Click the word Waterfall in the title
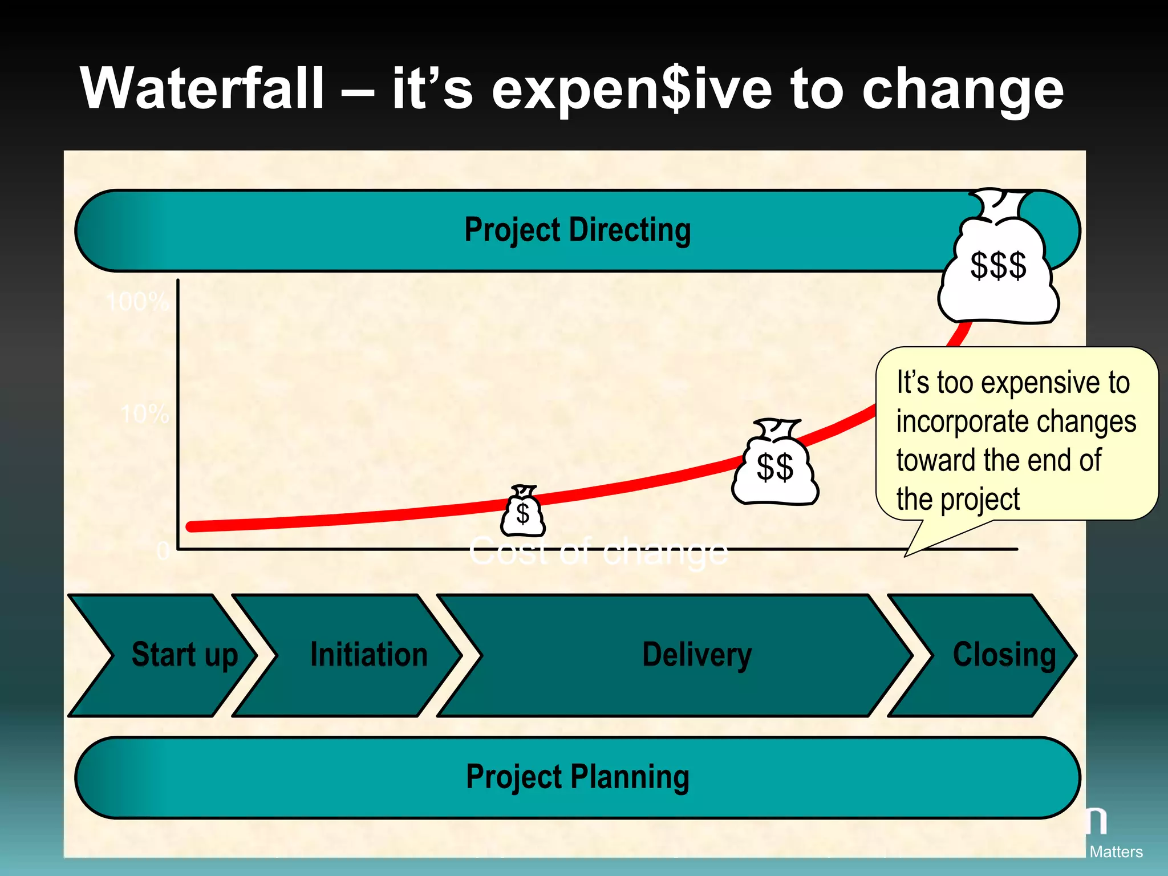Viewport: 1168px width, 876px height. click(202, 88)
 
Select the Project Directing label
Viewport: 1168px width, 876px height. click(577, 230)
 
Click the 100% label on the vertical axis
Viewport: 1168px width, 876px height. click(137, 302)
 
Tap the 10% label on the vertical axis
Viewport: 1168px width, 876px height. click(145, 414)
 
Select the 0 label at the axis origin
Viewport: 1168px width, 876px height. click(163, 551)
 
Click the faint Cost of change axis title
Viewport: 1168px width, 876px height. click(599, 552)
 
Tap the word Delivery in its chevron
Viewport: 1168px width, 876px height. click(697, 655)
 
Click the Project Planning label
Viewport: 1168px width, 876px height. click(577, 777)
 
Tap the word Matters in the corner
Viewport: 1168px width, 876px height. click(1116, 852)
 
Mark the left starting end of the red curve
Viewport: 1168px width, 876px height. click(192, 527)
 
